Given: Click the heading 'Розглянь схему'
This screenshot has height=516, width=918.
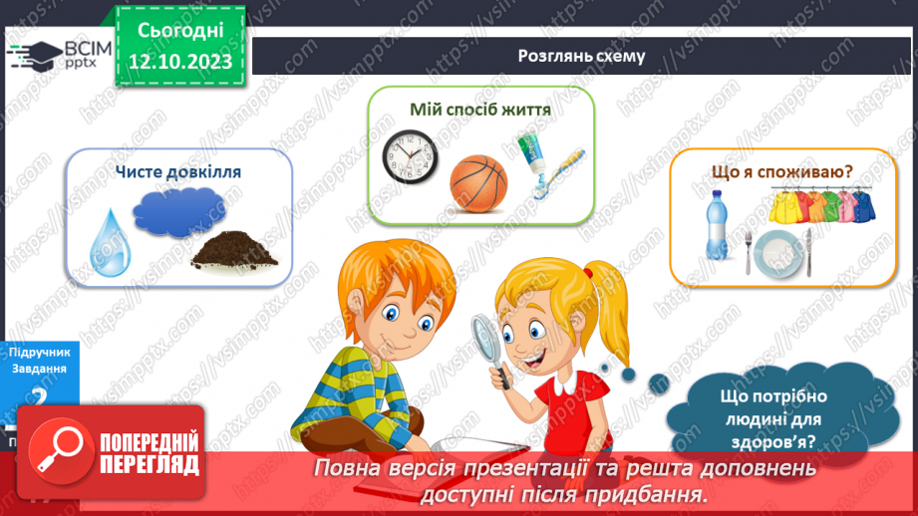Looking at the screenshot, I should [x=581, y=57].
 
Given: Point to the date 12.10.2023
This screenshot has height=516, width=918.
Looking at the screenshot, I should [x=181, y=62].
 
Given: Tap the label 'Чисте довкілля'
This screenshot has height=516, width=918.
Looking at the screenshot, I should [x=178, y=171].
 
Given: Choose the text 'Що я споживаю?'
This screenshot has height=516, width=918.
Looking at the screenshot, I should [x=781, y=171].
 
